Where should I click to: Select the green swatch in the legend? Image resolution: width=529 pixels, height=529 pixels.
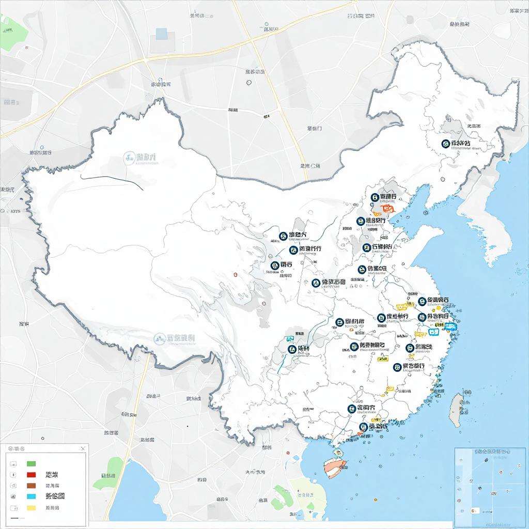tap(31, 463)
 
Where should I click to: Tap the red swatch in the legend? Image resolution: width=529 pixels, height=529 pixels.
tap(31, 475)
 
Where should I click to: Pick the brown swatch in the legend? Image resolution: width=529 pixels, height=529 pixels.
tap(31, 486)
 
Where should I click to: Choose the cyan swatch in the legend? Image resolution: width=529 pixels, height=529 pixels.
tap(31, 496)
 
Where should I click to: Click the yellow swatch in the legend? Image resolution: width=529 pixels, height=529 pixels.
tap(31, 508)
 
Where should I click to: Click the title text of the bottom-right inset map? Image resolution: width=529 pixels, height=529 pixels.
tap(491, 451)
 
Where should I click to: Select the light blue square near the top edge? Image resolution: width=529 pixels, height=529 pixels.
tap(162, 34)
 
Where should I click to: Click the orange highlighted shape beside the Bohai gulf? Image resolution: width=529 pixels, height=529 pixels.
tap(386, 209)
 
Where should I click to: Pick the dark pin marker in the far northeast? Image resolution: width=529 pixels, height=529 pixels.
tap(446, 143)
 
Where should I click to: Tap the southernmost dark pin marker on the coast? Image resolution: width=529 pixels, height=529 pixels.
tap(363, 427)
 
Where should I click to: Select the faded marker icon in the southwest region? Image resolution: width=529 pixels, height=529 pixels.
tap(159, 339)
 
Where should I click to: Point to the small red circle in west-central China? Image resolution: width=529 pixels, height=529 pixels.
tap(235, 274)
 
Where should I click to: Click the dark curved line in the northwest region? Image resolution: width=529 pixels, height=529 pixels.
tap(111, 181)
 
